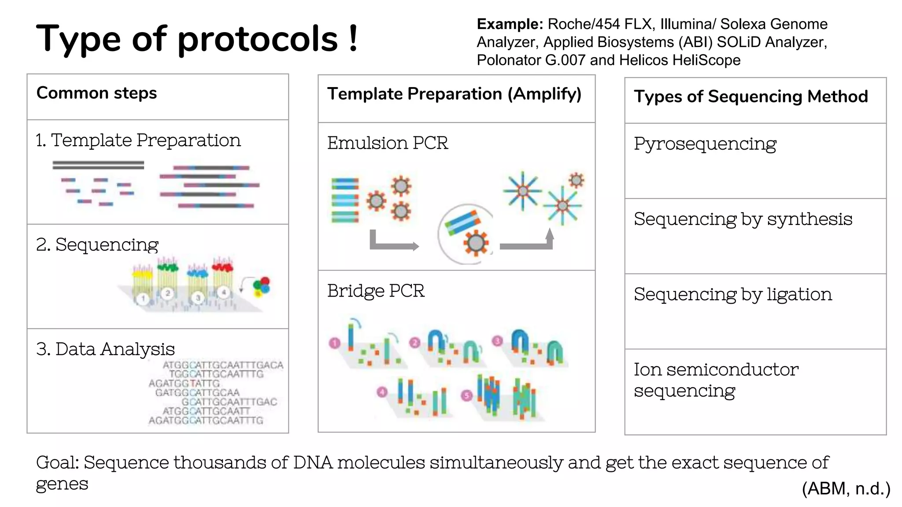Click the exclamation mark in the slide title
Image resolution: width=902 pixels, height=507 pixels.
(353, 39)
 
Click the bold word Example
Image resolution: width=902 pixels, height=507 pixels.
(510, 24)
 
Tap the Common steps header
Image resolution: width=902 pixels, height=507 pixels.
(96, 93)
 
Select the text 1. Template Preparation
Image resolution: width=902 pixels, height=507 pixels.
(138, 140)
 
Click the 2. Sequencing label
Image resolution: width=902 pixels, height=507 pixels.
(97, 244)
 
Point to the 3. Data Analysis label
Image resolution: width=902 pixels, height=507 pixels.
(105, 349)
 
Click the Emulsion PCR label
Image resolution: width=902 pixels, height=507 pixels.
(388, 143)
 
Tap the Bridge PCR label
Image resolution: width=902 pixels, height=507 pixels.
(376, 291)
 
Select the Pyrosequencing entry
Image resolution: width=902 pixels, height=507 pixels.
(705, 144)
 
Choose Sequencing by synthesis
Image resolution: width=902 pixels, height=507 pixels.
(743, 219)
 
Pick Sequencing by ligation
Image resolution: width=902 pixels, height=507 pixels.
(733, 294)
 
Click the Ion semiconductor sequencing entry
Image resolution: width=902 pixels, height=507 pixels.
(716, 380)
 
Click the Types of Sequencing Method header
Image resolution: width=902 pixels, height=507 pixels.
(750, 96)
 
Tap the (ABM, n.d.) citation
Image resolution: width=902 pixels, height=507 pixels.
(846, 489)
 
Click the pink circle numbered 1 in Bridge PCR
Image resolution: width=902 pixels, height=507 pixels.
(335, 343)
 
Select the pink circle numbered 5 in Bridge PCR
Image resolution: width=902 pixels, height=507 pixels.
(466, 395)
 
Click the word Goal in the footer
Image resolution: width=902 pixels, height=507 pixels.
(57, 463)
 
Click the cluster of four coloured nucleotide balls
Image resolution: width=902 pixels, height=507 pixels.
(262, 287)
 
